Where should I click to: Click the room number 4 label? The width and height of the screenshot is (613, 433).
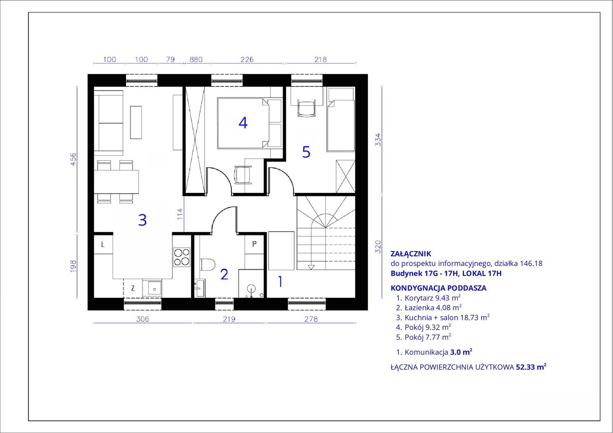243,123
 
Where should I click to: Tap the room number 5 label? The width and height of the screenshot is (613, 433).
306,152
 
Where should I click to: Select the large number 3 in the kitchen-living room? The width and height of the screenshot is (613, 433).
142,220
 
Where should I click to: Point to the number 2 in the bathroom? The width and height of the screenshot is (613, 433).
224,275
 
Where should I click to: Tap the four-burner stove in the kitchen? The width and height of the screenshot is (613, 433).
182,257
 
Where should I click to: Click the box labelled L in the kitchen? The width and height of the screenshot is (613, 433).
103,244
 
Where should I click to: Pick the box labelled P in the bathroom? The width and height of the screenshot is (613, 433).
254,244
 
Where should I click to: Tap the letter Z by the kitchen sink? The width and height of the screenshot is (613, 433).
133,288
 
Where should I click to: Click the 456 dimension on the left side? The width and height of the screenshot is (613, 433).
73,159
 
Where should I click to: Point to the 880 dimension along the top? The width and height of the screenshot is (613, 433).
196,59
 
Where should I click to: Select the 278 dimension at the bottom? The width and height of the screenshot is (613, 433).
311,319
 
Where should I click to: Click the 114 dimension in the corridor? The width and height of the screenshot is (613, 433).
180,214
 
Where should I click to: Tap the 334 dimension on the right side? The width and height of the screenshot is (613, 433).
378,139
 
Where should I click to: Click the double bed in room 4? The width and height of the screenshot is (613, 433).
249,123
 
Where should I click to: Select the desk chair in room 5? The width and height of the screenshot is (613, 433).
306,108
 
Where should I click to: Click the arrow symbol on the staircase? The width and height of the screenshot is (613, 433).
311,267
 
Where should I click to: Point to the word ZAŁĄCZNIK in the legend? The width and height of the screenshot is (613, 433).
411,253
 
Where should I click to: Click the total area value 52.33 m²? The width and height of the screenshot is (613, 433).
531,367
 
